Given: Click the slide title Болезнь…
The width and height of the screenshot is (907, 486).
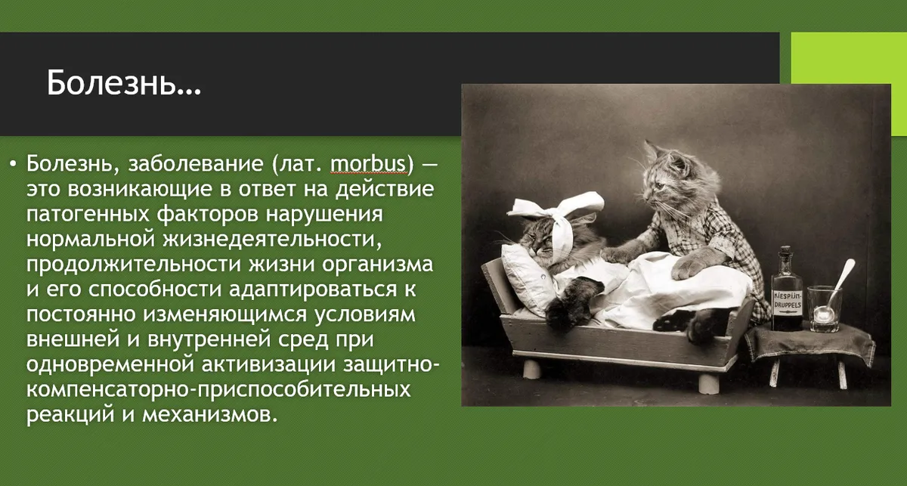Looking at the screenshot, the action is pos(123,83).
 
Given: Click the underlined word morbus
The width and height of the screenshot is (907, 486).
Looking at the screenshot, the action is pos(368,163).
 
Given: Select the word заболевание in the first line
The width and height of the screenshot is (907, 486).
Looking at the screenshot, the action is pos(196,164).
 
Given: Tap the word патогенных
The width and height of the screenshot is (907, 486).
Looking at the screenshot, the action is pos(88,214).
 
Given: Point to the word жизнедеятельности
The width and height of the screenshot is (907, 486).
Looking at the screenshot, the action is pos(272,239).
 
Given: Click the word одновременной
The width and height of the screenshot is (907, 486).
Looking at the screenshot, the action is pos(110,364).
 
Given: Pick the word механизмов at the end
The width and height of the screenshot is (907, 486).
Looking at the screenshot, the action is pos(210,415).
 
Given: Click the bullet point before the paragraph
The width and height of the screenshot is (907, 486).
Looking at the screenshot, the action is pos(14,163).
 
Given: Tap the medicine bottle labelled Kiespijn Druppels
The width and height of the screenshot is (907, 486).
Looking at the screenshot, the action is pos(786,289).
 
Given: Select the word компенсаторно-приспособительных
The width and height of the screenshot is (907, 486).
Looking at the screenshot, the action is pos(218,389).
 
